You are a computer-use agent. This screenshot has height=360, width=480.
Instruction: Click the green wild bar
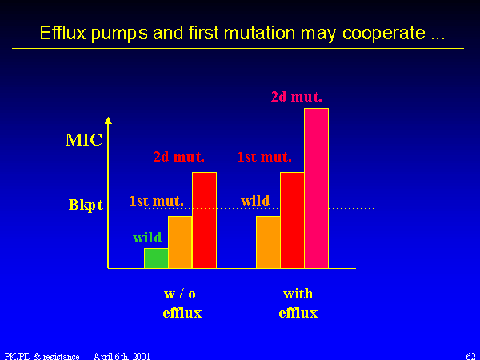point(156,258)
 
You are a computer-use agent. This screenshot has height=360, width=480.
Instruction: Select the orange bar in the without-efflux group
point(180,242)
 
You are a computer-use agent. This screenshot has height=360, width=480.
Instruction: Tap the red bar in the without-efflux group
point(205,220)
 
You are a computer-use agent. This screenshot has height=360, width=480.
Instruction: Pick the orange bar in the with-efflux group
point(268,242)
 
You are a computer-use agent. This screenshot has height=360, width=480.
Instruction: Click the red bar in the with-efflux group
point(292,220)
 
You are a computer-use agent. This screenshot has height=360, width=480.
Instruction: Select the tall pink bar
point(317,188)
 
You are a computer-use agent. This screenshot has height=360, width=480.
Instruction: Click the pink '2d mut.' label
point(296,97)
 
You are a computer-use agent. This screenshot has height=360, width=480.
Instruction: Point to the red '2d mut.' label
point(178,157)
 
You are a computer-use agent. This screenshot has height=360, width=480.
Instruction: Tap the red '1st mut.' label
point(265,157)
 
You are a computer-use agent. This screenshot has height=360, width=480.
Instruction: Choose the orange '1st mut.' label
point(157,201)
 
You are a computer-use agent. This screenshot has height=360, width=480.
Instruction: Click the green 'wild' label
point(147,238)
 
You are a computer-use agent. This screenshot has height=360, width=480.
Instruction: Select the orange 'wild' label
point(255,201)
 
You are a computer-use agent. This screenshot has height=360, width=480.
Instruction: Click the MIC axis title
point(84,140)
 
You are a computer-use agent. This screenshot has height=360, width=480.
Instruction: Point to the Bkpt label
point(86,205)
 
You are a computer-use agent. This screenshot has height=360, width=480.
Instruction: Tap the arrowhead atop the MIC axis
point(108,120)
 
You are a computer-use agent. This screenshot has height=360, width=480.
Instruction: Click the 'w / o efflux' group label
point(182,303)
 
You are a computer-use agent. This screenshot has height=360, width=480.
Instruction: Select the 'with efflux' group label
point(298,303)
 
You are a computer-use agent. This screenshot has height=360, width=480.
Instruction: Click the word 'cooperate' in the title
point(384,33)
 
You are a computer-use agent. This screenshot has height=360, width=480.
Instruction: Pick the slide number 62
point(471,356)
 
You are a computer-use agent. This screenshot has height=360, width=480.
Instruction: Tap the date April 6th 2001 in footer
point(122,356)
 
